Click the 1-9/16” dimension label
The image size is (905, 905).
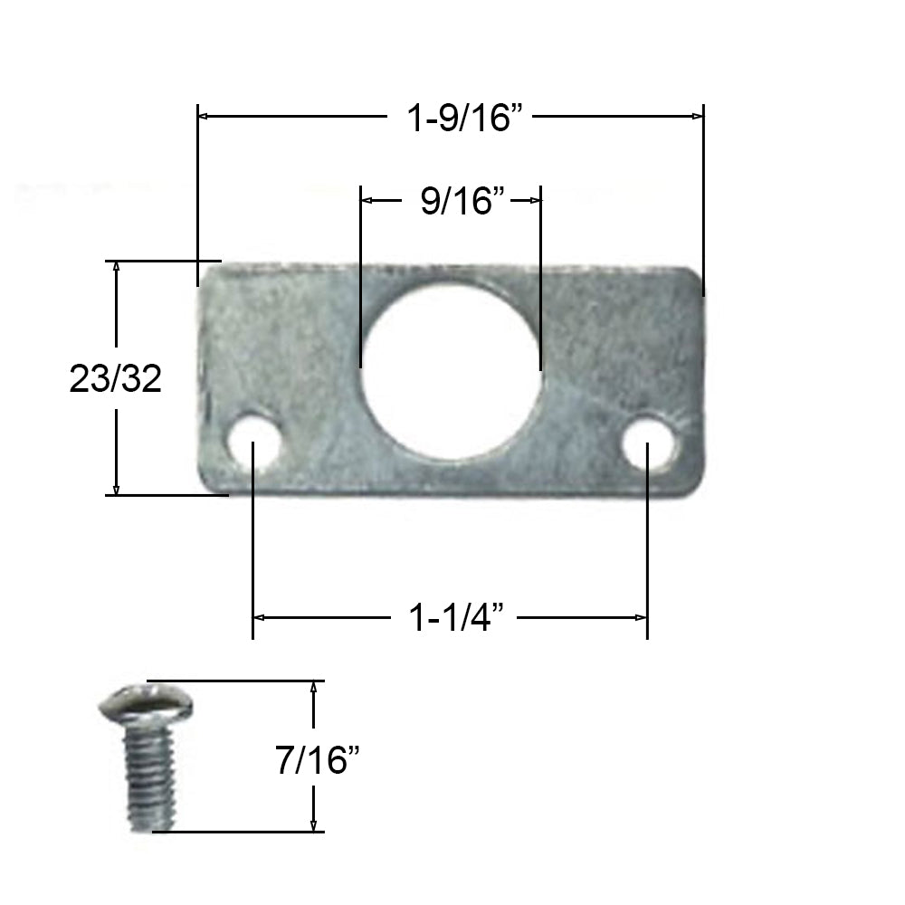pos(465,117)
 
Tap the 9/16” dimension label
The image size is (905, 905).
pos(462,201)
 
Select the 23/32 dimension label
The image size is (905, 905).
pos(115,379)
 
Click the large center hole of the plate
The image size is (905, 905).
pos(451,371)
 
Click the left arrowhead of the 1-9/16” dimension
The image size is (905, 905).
pos(204,117)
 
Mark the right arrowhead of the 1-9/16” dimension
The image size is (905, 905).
pos(698,117)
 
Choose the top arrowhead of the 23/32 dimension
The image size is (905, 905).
pos(117,267)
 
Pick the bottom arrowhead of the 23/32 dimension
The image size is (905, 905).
pos(117,489)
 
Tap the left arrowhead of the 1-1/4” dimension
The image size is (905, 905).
pos(258,618)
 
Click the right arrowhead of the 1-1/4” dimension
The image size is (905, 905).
pos(642,618)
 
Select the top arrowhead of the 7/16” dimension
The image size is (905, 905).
pos(313,686)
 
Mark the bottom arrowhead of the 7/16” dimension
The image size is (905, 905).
pos(313,825)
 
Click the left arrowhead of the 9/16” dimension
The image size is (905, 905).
pos(367,201)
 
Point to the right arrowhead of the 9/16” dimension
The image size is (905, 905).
pos(535,201)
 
